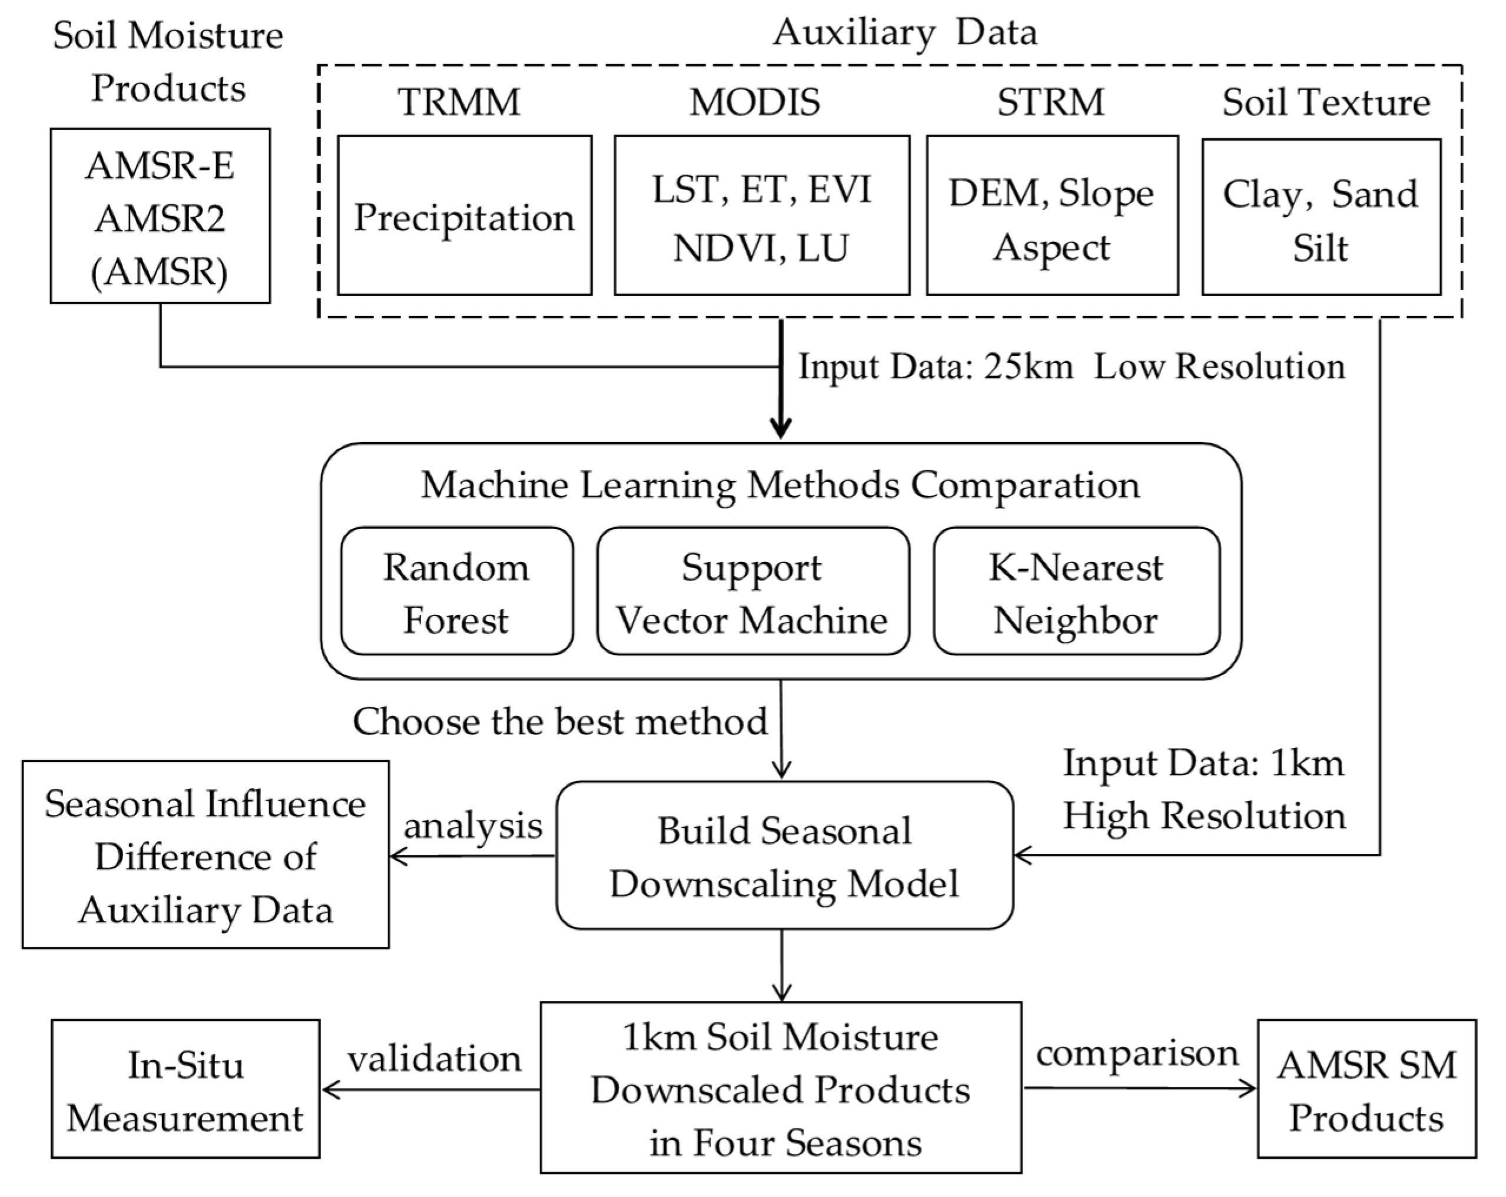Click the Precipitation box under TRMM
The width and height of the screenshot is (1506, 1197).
tap(465, 216)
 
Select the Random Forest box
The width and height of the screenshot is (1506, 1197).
tap(457, 591)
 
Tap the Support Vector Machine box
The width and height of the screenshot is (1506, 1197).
tap(752, 591)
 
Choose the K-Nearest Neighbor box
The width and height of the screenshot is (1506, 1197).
tap(1076, 591)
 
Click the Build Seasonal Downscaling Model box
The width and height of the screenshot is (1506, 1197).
tap(784, 856)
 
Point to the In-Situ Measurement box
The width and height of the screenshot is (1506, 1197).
tap(185, 1090)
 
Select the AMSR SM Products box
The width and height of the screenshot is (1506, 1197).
tap(1366, 1090)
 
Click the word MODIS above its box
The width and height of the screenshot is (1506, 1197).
tap(755, 102)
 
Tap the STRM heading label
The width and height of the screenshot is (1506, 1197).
tap(1050, 102)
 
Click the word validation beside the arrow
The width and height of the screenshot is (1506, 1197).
tap(434, 1059)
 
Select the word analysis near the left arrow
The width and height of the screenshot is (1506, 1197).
tap(473, 826)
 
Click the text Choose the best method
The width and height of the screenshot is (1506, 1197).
tap(559, 721)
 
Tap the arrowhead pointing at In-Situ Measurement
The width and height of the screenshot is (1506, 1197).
tap(330, 1089)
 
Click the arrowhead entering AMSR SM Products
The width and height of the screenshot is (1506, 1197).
tap(1249, 1088)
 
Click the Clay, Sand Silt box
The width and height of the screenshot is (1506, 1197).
tap(1321, 217)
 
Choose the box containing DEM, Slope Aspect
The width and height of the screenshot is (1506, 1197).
tap(1052, 216)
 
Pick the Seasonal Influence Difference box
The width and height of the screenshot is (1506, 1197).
tap(205, 855)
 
